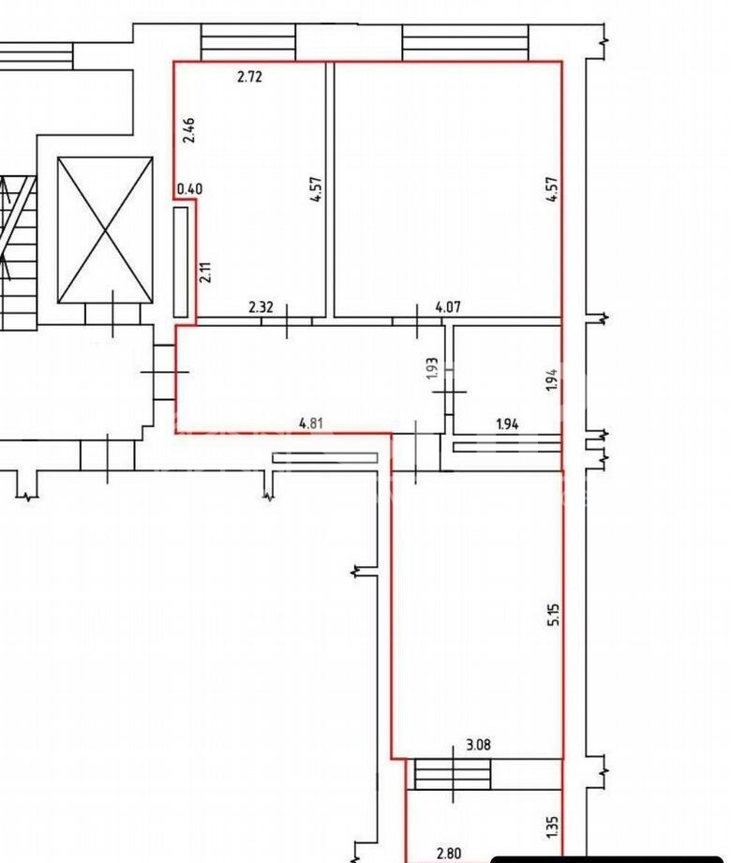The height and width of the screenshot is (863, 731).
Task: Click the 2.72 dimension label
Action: (249, 77)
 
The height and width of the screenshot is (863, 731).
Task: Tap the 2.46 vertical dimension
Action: (188, 130)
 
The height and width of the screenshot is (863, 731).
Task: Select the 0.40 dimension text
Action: (189, 188)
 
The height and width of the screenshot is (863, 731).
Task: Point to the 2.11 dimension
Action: (206, 272)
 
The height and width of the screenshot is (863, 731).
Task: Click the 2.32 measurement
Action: (261, 306)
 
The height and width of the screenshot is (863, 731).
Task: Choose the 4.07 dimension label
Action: (448, 306)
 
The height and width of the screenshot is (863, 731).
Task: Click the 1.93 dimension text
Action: (432, 367)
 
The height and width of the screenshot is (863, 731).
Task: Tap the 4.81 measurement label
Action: (310, 424)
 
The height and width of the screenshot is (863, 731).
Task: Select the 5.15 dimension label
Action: (554, 615)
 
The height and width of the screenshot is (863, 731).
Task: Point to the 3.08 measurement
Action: (478, 745)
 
